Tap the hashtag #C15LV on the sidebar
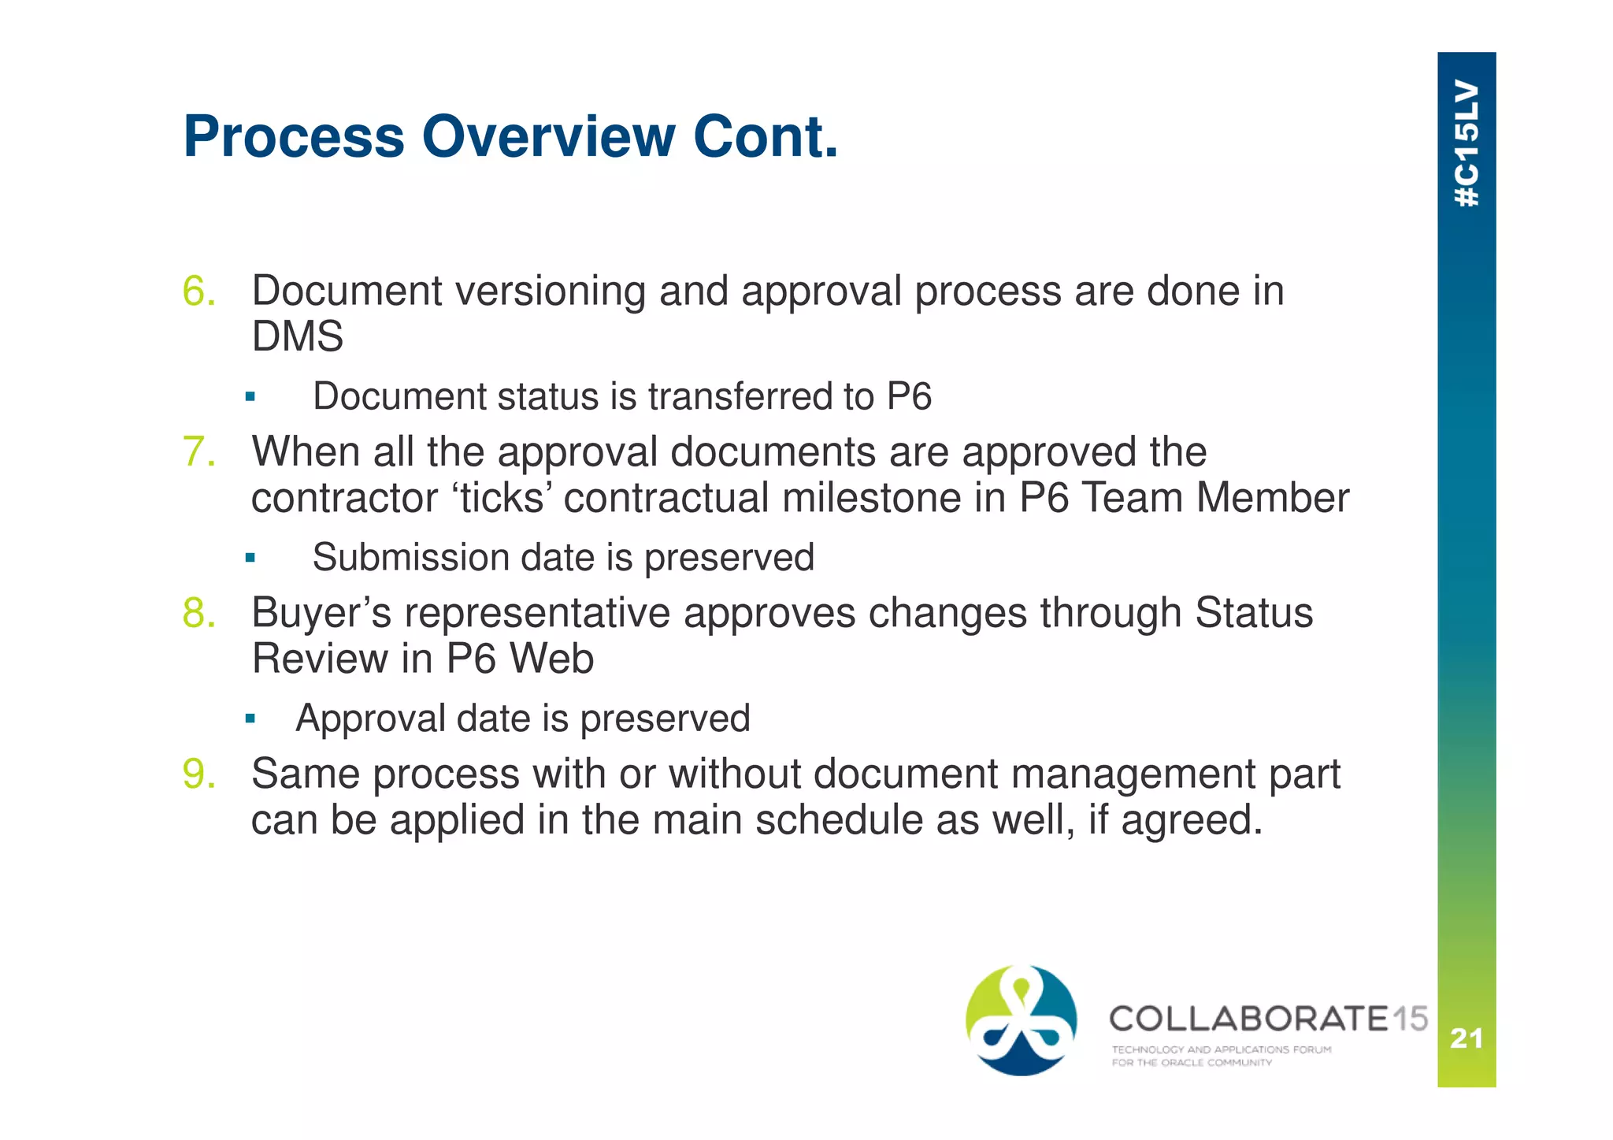click(x=1467, y=143)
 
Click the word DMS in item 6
click(x=298, y=336)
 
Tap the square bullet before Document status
click(x=250, y=397)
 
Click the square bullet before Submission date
click(x=250, y=559)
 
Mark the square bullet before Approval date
click(x=250, y=719)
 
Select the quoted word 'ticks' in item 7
click(x=502, y=498)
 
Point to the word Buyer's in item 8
click(x=321, y=613)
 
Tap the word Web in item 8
click(x=551, y=659)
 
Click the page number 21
click(x=1467, y=1038)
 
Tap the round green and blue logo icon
click(x=1022, y=1020)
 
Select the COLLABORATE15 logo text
click(x=1268, y=1019)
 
